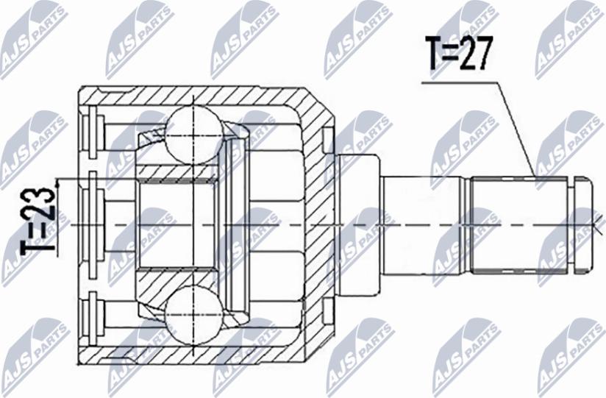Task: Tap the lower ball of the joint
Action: point(192,313)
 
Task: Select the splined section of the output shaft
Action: point(520,222)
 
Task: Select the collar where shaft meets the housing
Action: point(361,222)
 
